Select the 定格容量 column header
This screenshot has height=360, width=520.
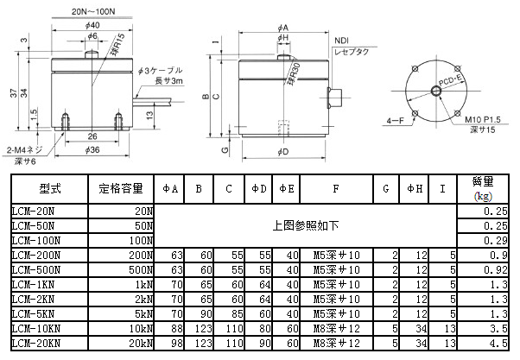[x=121, y=188]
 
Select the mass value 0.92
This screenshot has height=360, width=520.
[x=493, y=270]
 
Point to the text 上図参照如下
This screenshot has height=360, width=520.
[x=305, y=225]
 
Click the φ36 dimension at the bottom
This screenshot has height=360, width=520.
[x=92, y=148]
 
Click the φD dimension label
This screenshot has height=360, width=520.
[x=283, y=153]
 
